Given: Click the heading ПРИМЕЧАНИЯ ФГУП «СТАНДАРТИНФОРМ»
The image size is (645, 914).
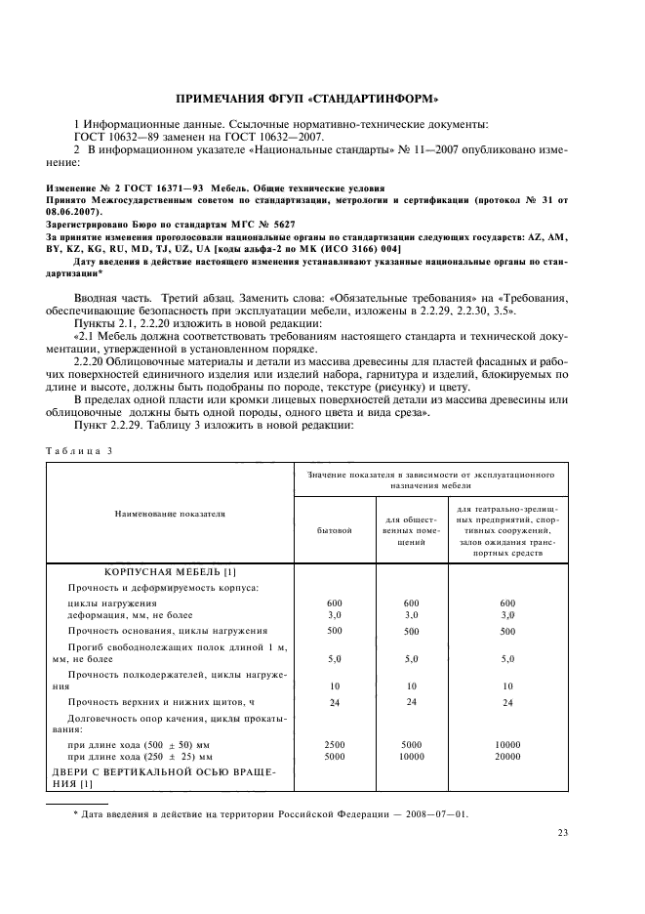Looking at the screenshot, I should point(322,98).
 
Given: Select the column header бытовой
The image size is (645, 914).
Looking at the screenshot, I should point(334,530).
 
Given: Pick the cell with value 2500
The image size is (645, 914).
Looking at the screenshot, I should point(334,744).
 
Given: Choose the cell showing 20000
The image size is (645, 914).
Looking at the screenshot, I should point(506,756).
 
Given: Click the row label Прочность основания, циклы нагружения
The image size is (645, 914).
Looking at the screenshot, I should point(167,631).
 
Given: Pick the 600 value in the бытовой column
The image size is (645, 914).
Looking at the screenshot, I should point(334,603).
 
